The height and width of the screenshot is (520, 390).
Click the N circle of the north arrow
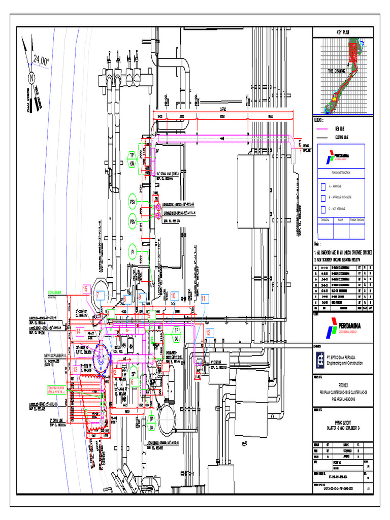click(31, 79)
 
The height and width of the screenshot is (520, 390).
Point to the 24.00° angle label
click(41, 61)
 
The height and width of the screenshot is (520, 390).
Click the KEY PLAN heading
click(343, 32)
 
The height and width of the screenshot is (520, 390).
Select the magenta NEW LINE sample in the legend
click(324, 129)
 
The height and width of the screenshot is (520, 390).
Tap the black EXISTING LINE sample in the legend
click(324, 137)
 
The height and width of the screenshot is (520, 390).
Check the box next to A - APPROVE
click(322, 186)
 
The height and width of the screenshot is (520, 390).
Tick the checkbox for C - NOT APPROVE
click(322, 209)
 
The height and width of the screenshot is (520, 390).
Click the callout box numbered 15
click(86, 290)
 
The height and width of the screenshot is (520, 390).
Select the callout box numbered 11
click(204, 299)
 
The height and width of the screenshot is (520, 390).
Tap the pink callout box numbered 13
click(75, 370)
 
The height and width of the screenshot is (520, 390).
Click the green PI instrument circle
click(133, 251)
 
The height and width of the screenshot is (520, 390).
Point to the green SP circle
click(134, 369)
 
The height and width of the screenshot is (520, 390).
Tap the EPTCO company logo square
click(319, 360)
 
